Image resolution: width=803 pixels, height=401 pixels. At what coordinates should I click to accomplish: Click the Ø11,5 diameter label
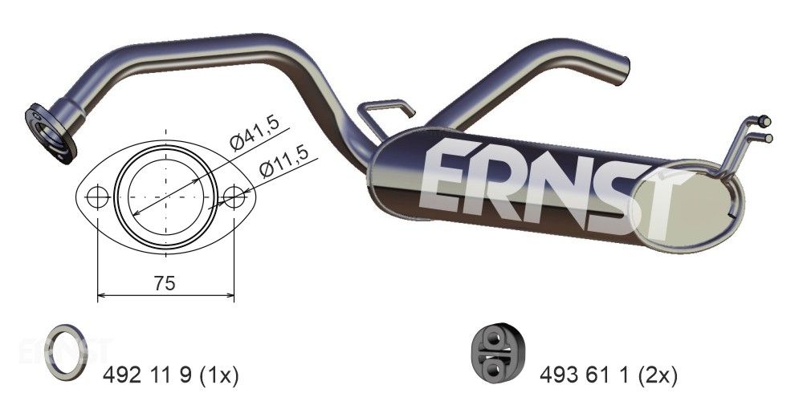pos(283,164)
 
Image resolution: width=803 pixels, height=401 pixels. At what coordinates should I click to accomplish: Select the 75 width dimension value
pos(165,282)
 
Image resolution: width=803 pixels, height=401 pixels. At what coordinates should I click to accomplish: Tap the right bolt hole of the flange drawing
pos(234,196)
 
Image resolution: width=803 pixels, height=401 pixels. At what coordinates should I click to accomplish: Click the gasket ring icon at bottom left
pos(66,353)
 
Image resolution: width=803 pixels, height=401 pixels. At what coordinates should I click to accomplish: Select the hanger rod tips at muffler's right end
pos(766,128)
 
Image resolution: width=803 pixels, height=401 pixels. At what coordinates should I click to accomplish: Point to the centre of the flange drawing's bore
pos(165,196)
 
